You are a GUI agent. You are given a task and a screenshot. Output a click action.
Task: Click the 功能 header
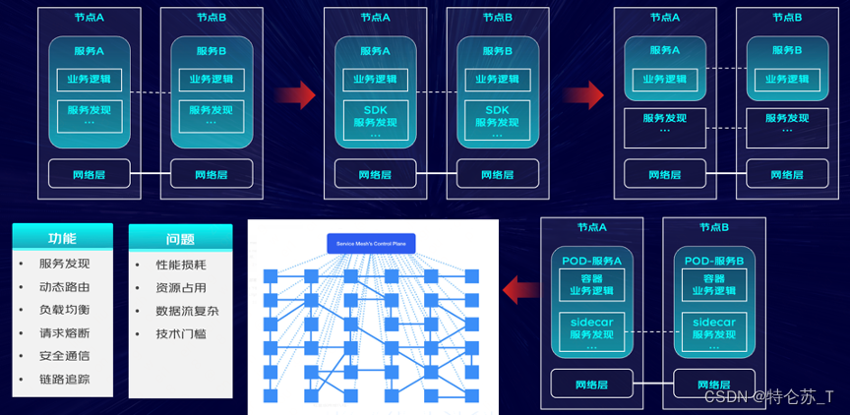click(x=62, y=238)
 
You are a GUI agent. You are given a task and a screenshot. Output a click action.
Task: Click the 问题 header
click(x=180, y=238)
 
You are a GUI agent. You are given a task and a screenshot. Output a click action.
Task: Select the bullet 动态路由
click(x=64, y=287)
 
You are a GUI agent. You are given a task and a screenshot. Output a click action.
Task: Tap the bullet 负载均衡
click(x=64, y=310)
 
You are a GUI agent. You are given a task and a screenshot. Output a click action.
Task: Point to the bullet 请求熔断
click(x=64, y=333)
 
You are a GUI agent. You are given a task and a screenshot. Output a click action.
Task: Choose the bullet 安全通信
click(x=64, y=356)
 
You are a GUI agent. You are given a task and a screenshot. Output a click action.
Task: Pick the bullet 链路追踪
click(x=64, y=379)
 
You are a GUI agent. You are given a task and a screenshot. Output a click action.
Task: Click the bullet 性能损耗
click(x=181, y=265)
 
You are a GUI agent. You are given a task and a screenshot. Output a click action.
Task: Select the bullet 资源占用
click(x=181, y=287)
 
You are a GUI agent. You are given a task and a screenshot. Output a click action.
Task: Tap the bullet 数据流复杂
click(x=187, y=311)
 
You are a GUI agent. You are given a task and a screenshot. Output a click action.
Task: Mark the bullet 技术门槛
click(x=181, y=333)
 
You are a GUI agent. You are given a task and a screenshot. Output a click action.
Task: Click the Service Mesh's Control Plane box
click(x=372, y=242)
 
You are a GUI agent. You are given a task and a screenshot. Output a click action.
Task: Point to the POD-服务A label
click(x=590, y=261)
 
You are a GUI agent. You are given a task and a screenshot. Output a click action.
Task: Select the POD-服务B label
click(x=713, y=261)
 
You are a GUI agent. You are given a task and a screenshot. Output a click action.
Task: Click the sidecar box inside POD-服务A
click(x=590, y=332)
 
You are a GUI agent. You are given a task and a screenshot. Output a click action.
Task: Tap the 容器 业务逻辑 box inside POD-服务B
click(x=713, y=285)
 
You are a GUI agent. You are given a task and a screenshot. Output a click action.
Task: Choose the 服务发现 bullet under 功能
click(x=64, y=264)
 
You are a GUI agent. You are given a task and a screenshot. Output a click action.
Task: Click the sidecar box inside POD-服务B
click(x=713, y=332)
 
